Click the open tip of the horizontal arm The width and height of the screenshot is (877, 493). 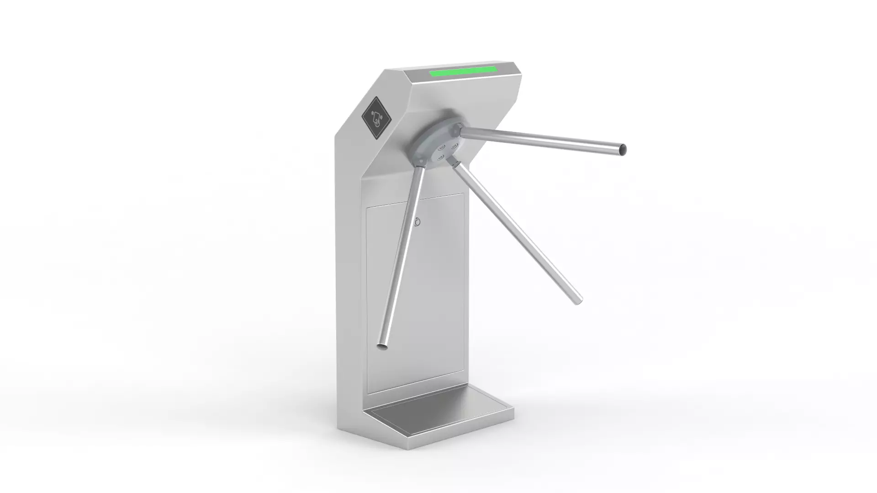(622, 149)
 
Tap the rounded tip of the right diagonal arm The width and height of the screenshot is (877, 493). (578, 300)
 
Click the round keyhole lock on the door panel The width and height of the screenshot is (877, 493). (418, 222)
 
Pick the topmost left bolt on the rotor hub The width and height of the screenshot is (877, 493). (442, 147)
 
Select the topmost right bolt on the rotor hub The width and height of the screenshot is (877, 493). (454, 146)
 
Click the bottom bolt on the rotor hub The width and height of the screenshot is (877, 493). (441, 157)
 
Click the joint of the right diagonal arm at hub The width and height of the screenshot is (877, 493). (455, 163)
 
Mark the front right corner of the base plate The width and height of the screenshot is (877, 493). (513, 408)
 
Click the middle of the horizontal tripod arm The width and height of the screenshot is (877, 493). (544, 140)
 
